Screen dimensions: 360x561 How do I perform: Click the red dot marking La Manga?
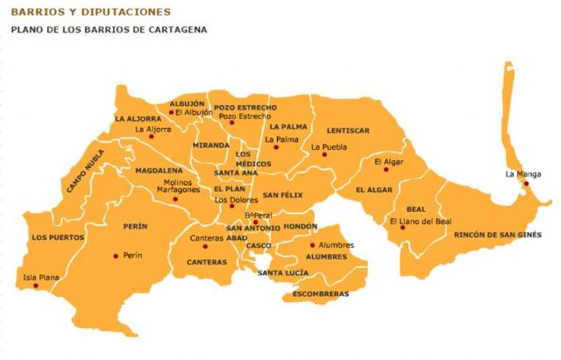(527, 184)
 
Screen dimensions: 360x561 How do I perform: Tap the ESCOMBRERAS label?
(320, 293)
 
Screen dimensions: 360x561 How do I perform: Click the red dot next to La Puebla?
(324, 155)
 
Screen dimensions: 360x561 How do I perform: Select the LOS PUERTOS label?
(58, 237)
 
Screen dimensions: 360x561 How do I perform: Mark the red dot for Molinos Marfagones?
(174, 199)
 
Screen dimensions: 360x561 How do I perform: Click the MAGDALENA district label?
(158, 170)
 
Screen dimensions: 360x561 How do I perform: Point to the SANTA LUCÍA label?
(282, 273)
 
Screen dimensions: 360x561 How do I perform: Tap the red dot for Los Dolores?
(231, 206)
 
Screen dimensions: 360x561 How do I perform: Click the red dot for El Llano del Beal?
(418, 230)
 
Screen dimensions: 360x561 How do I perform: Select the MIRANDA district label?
(211, 145)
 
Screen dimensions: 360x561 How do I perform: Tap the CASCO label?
(259, 246)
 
